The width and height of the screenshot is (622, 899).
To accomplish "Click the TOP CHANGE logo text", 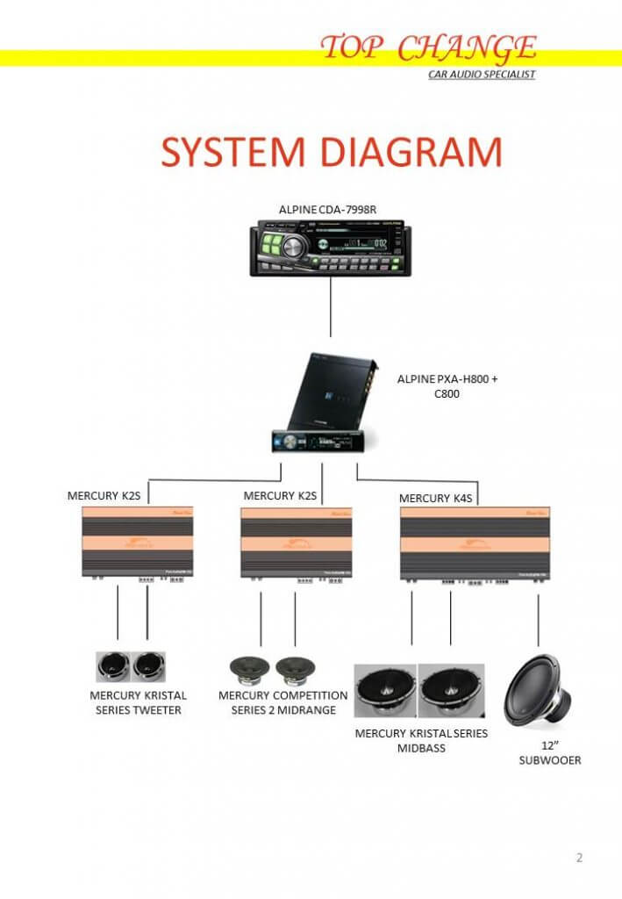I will click(x=429, y=47).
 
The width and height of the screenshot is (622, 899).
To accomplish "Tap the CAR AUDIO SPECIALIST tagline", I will click(x=481, y=75).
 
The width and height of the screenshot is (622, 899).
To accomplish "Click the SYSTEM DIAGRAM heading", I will click(x=332, y=153).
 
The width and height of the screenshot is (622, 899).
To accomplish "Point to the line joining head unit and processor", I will click(x=331, y=306).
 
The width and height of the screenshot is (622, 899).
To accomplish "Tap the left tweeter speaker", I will click(x=112, y=666).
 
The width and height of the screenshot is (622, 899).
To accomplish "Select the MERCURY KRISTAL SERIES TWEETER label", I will click(x=139, y=702).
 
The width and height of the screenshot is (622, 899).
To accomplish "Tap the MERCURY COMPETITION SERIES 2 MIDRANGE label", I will click(x=282, y=702).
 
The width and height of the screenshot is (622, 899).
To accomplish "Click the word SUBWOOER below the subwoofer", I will click(x=549, y=760).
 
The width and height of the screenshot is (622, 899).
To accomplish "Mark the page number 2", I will click(x=579, y=858).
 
